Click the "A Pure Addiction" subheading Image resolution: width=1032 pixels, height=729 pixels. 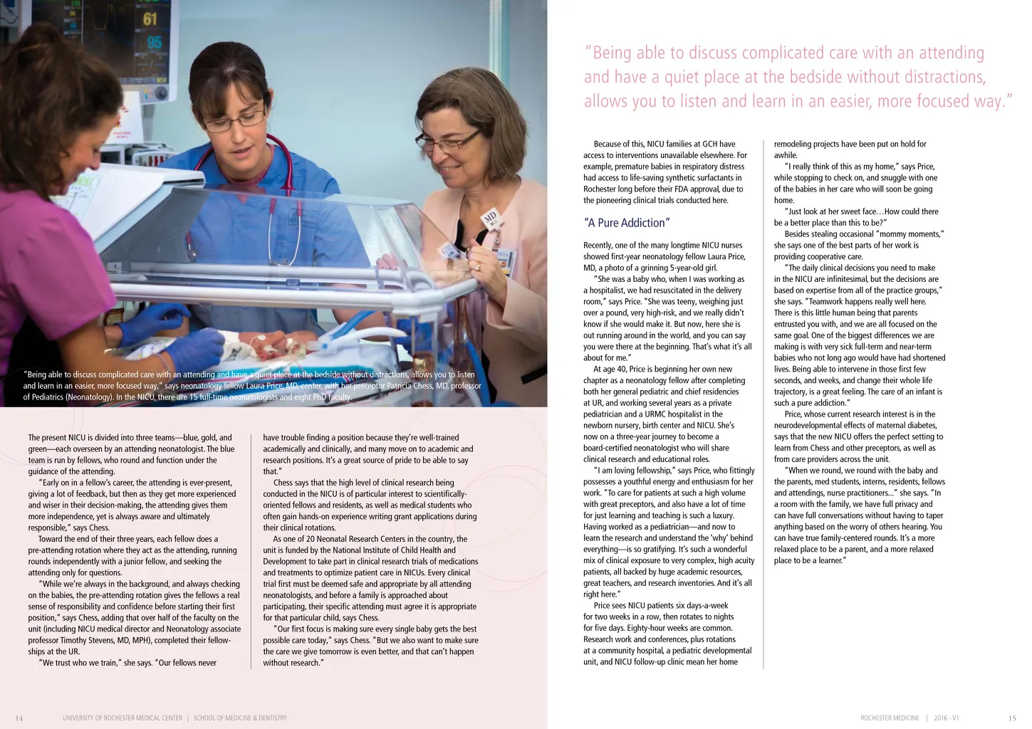tap(626, 223)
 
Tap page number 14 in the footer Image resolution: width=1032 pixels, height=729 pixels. tap(19, 718)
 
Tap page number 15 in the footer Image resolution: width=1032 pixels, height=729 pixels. tap(1012, 718)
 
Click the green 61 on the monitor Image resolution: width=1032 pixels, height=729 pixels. tap(150, 19)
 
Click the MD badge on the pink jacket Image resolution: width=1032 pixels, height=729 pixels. tap(490, 218)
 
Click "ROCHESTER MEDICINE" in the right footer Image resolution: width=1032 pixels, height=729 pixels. tap(890, 718)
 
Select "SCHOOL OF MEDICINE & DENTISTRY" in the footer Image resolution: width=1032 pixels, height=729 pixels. tap(240, 718)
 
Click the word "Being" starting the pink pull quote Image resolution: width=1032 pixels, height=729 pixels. tap(612, 53)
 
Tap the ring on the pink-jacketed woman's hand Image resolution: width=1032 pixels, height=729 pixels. tap(478, 266)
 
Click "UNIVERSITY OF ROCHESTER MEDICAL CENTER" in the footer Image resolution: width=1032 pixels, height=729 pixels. tap(122, 718)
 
